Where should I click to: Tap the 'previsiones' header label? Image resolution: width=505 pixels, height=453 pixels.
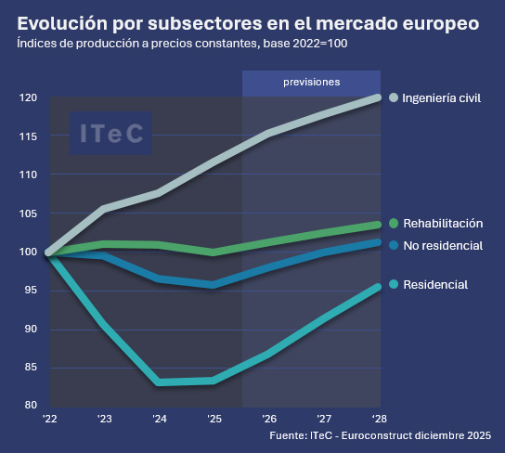pos(311,82)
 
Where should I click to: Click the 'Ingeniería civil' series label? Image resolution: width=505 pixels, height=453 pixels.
pos(441,97)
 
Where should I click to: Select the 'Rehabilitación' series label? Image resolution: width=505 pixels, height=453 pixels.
pos(442,224)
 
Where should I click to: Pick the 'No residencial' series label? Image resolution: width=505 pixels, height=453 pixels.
pos(442,245)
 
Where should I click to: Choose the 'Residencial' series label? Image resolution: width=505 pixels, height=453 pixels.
pos(434,285)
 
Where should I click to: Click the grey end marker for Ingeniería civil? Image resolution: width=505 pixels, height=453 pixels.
pos(394,97)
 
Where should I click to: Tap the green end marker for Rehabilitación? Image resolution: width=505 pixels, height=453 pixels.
pos(394,224)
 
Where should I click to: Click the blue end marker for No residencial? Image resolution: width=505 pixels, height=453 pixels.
pos(394,245)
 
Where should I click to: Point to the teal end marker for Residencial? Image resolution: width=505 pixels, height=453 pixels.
pos(394,285)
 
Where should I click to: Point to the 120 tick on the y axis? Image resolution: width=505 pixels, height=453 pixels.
pos(28,97)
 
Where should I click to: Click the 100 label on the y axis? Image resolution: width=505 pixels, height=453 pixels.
pos(28,252)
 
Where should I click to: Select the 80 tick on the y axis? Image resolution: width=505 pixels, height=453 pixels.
pos(31,406)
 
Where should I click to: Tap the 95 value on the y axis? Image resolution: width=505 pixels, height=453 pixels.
pos(31,291)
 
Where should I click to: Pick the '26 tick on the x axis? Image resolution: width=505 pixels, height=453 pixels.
pos(268,419)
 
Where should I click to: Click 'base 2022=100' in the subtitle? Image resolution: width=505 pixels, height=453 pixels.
pos(309,44)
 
